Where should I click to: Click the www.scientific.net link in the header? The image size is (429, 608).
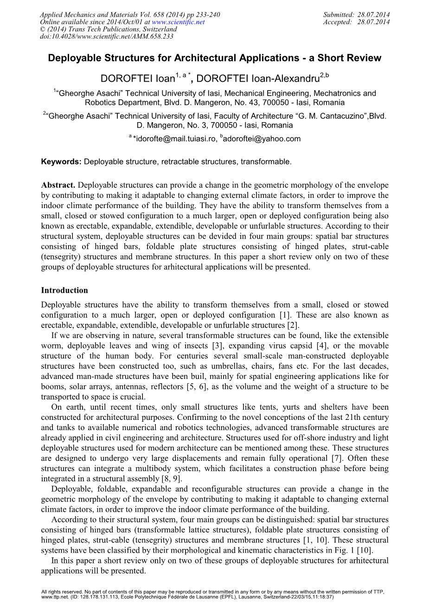click(178, 22)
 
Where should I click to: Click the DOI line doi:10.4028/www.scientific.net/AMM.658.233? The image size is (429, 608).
click(107, 36)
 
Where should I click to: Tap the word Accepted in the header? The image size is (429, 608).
click(338, 22)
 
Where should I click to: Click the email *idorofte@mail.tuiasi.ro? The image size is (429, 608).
click(175, 138)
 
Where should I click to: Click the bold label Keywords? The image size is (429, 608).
click(61, 162)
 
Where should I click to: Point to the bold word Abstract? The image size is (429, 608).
click(58, 185)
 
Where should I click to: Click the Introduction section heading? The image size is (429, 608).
click(64, 290)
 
